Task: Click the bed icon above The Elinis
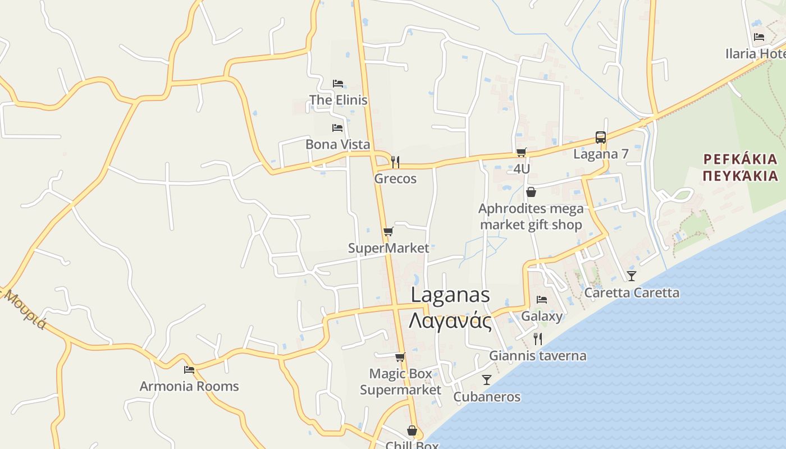click(337, 83)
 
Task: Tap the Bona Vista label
click(337, 144)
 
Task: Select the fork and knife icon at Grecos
click(395, 162)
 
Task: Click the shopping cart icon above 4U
click(522, 152)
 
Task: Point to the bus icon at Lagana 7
click(600, 138)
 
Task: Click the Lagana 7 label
click(601, 154)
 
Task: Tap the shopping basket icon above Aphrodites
click(531, 193)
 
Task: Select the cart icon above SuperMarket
click(388, 231)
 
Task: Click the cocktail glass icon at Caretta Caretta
click(632, 276)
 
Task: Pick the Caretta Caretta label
click(632, 292)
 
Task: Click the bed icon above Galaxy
click(542, 300)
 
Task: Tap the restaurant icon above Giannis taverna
click(538, 338)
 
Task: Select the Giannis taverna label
click(537, 355)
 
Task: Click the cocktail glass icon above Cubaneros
click(487, 380)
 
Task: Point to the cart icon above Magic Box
click(400, 357)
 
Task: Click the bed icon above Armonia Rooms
click(189, 370)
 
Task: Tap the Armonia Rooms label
click(189, 386)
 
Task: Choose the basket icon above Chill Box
click(412, 430)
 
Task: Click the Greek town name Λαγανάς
click(450, 322)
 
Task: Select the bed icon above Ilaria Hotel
click(759, 37)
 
